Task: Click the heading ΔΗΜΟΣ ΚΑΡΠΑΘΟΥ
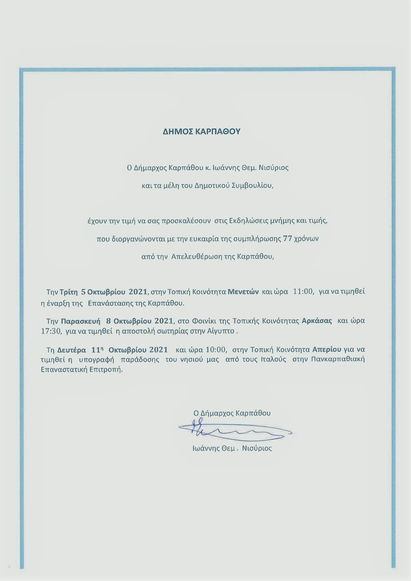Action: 202,132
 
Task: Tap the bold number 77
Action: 287,239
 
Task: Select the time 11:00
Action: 303,292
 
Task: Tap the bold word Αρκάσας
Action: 317,321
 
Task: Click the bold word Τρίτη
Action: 69,292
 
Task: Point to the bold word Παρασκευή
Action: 81,321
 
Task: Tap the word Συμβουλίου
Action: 257,185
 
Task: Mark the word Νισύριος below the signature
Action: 257,449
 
